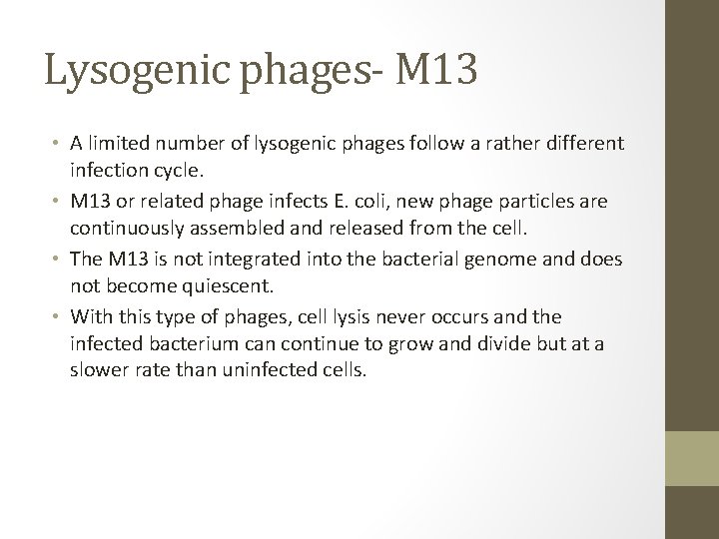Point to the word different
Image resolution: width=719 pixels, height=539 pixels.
pyautogui.click(x=586, y=143)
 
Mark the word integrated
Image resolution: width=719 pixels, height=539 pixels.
pyautogui.click(x=220, y=259)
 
